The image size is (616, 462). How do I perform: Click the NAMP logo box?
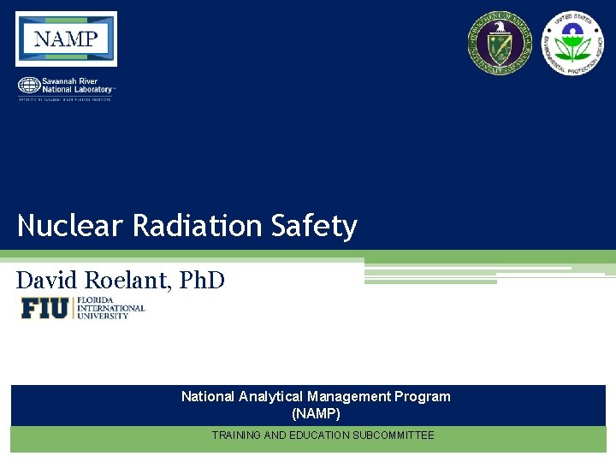click(x=66, y=38)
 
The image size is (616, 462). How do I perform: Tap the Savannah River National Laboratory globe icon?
click(x=28, y=86)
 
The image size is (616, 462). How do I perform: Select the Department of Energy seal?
click(x=499, y=42)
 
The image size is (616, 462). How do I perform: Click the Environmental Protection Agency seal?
click(x=572, y=43)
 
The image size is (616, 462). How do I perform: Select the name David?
click(x=48, y=280)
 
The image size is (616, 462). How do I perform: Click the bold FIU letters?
click(x=44, y=308)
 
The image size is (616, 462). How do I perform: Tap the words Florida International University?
click(x=111, y=308)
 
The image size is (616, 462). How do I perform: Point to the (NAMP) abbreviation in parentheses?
click(x=316, y=413)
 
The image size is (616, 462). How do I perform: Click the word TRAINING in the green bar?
click(x=234, y=435)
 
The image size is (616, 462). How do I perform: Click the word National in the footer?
click(x=208, y=396)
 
